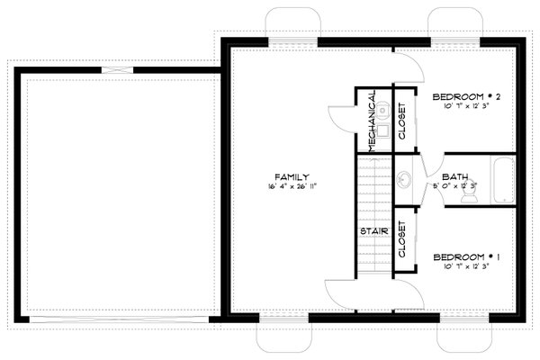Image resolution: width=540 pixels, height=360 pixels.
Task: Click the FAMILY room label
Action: coord(293,176)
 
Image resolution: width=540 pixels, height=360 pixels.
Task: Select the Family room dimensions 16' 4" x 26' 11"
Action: coord(293,187)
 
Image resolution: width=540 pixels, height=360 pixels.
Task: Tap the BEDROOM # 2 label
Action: coord(466,96)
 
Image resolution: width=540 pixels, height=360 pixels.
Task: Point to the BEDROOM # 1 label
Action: coord(466,256)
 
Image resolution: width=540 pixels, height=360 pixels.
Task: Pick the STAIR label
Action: coord(373,231)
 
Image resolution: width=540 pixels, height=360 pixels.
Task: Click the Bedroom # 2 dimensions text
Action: coord(466,107)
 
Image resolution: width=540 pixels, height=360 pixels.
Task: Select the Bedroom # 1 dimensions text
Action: coord(466,267)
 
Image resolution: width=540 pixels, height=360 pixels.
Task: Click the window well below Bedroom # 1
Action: coord(463,336)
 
